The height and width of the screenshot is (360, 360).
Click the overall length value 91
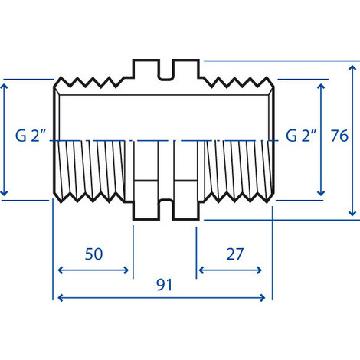[x=164, y=285]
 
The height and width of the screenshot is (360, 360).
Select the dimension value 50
[x=93, y=254]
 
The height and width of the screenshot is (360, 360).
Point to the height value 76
[x=339, y=136]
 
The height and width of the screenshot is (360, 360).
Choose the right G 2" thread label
[x=302, y=136]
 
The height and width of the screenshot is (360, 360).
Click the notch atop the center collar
[x=165, y=70]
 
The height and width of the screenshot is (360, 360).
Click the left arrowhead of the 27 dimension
[x=201, y=270]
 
